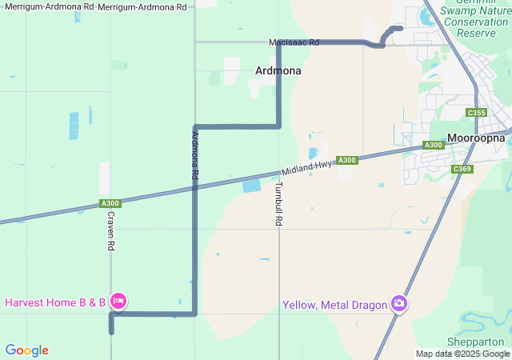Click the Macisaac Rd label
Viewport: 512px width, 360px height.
[x=294, y=42]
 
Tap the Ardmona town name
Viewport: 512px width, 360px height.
[x=278, y=70]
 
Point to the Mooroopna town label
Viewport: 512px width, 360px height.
[x=476, y=138]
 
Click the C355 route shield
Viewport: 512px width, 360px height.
[x=477, y=113]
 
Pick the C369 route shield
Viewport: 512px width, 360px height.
[x=462, y=169]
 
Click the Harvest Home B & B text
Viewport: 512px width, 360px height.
[x=55, y=302]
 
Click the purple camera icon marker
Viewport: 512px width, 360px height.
[x=398, y=303]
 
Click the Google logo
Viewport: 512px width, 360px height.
[x=26, y=350]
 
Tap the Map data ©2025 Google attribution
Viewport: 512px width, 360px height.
[x=462, y=354]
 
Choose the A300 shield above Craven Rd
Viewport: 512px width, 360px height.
[x=110, y=204]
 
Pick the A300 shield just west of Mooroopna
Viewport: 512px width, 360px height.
[x=433, y=145]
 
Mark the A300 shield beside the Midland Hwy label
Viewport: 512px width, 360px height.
[x=346, y=160]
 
